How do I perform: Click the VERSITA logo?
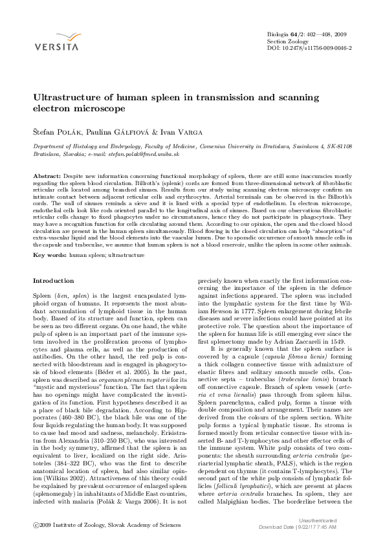56,41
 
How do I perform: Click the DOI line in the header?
309,48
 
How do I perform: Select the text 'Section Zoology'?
288,41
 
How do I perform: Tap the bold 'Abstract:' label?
47,176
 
